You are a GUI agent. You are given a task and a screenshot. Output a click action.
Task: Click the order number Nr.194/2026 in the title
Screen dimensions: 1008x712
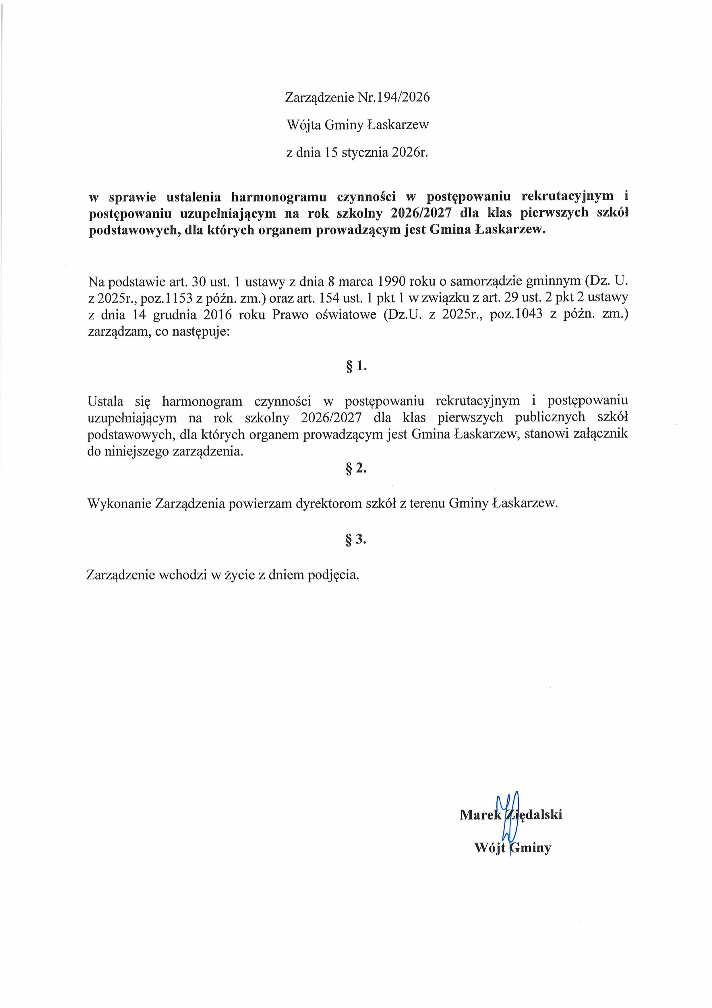394,97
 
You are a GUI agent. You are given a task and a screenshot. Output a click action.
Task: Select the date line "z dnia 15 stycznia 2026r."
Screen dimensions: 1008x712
357,153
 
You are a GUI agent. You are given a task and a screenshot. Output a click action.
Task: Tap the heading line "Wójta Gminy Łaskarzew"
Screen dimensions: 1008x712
357,125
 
